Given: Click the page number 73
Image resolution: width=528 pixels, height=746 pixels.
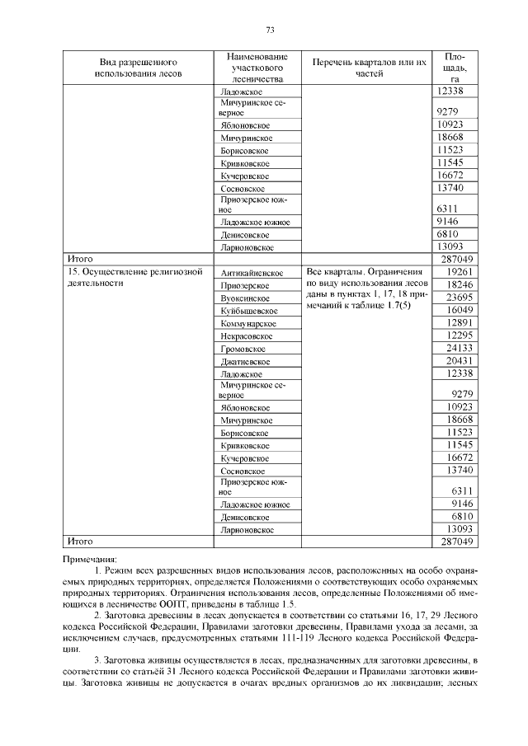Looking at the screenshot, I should (269, 30).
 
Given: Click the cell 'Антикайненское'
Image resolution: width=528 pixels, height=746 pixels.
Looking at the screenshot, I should (252, 272).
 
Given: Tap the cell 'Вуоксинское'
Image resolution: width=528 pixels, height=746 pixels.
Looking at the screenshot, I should (246, 298).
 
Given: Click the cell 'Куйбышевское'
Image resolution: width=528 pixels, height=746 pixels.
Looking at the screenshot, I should (248, 311).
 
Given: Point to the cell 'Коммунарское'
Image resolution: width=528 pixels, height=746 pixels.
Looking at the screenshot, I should (248, 324).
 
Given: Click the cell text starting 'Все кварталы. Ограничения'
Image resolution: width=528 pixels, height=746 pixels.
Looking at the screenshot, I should (364, 271).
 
